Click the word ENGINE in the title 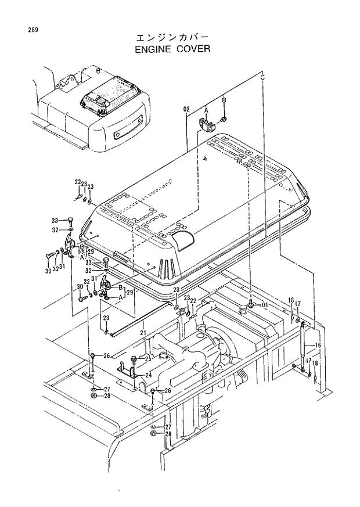(x=153, y=49)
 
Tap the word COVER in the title (x=193, y=49)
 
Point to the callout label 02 (x=186, y=109)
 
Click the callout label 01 (x=264, y=304)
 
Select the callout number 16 (x=318, y=346)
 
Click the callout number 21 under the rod (x=142, y=332)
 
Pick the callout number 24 (x=149, y=375)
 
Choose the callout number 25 (x=147, y=359)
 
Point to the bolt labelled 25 (x=134, y=359)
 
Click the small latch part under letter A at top (x=206, y=124)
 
